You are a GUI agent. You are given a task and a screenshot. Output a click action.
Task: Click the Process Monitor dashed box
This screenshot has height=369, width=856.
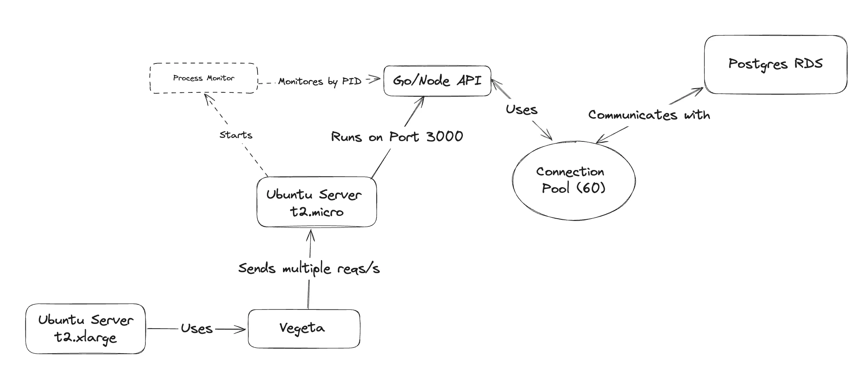point(203,78)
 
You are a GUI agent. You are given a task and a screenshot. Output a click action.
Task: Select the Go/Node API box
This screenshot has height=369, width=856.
point(437,81)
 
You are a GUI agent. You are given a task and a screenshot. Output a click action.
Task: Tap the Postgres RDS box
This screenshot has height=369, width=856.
point(775,64)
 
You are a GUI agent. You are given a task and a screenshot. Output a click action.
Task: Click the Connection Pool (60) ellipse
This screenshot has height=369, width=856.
point(573,180)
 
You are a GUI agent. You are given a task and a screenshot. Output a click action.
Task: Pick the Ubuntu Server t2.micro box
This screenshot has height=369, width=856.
point(316,202)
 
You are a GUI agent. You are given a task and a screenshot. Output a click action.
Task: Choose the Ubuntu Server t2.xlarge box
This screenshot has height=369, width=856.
point(85,329)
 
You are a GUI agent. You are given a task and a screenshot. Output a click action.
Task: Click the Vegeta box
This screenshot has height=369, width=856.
point(303,328)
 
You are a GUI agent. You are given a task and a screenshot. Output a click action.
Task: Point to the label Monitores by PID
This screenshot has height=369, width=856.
point(319,81)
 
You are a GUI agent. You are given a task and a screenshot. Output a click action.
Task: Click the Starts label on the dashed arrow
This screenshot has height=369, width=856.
point(236,135)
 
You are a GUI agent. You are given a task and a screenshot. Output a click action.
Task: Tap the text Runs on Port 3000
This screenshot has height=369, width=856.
point(397,137)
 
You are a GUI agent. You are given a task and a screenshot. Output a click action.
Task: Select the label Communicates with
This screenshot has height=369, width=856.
point(649,115)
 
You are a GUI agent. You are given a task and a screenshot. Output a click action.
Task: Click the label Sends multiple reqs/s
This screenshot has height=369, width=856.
point(309,269)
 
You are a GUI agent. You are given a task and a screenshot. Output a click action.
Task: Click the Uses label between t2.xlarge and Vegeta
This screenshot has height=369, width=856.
point(196,329)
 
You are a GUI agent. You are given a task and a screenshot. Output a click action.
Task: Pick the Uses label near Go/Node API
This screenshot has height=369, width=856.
point(521,110)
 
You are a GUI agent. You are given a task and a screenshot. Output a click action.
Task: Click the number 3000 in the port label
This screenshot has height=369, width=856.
point(444,137)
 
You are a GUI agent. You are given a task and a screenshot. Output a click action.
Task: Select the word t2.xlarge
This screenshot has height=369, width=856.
point(85,338)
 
